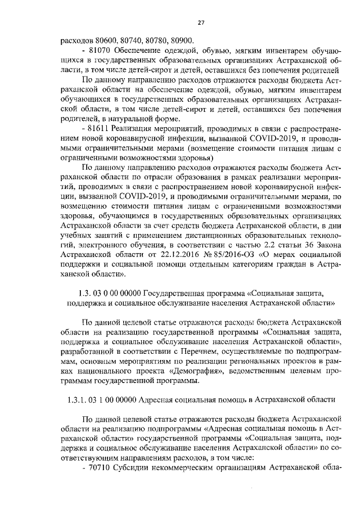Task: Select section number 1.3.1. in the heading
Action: pyautogui.click(x=77, y=399)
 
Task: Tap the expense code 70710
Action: pyautogui.click(x=100, y=467)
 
